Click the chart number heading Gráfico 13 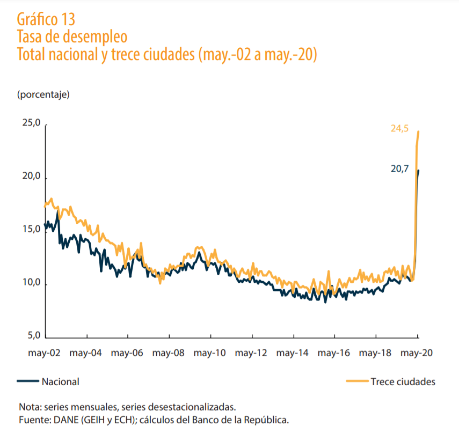(x=46, y=19)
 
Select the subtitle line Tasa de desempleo (x=72, y=37)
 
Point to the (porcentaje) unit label (x=43, y=95)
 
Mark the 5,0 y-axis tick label (x=33, y=335)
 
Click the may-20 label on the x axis (x=417, y=354)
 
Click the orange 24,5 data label (x=399, y=128)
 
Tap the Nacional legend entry (x=60, y=381)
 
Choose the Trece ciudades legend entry (x=403, y=381)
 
